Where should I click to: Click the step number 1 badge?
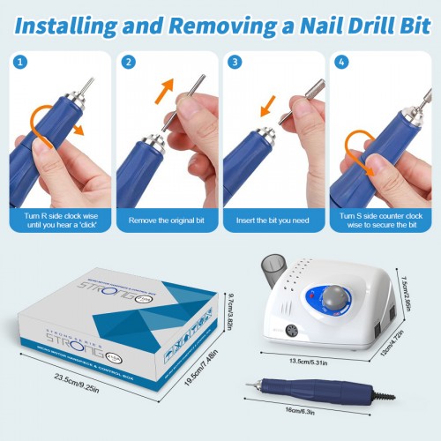pyautogui.click(x=20, y=63)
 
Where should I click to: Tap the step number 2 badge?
pyautogui.click(x=128, y=63)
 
